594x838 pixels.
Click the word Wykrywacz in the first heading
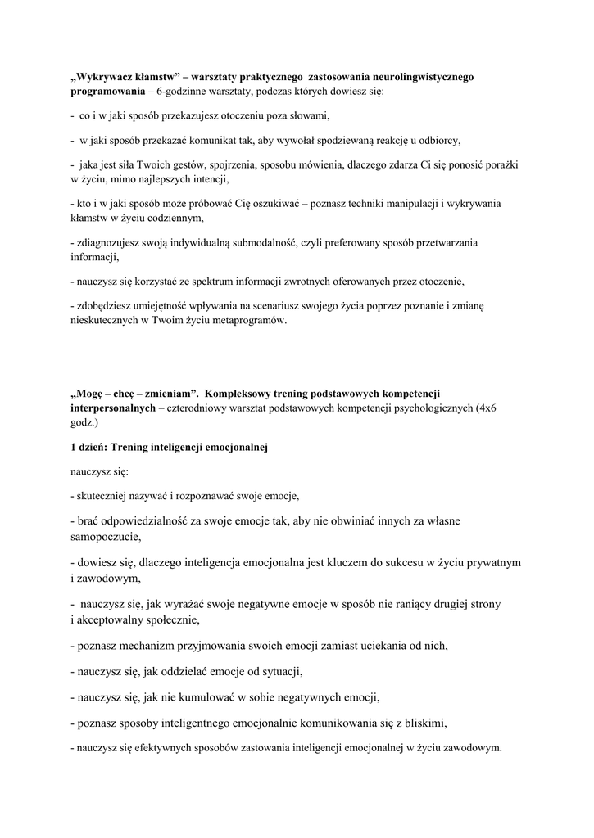(108, 77)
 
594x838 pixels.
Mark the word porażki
(500, 164)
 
